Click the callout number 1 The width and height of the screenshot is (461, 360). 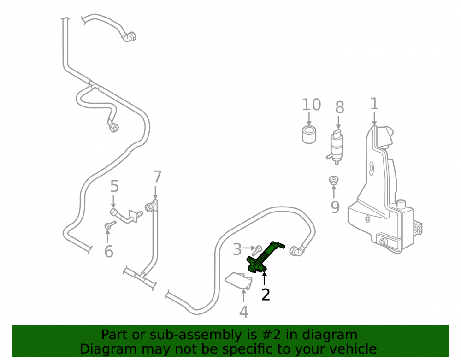point(374,104)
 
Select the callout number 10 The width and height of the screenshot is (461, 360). point(311,105)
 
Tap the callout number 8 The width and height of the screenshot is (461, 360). point(340,107)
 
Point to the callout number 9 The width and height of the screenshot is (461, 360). point(335,207)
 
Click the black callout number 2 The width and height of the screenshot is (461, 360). point(265,295)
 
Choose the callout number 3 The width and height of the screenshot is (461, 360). point(237,249)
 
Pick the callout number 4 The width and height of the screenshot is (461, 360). point(243,312)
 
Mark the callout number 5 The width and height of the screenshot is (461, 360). point(114,186)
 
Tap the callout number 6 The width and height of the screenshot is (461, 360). point(109,252)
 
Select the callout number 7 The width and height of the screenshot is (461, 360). point(158,177)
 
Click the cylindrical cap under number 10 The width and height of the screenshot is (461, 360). point(309,135)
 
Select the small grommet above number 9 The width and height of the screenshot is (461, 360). point(333,180)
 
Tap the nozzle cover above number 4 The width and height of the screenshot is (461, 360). point(238,281)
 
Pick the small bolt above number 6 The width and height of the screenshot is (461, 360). point(110,225)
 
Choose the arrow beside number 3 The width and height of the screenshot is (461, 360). point(249,248)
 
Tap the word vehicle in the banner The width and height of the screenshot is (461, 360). point(356,349)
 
